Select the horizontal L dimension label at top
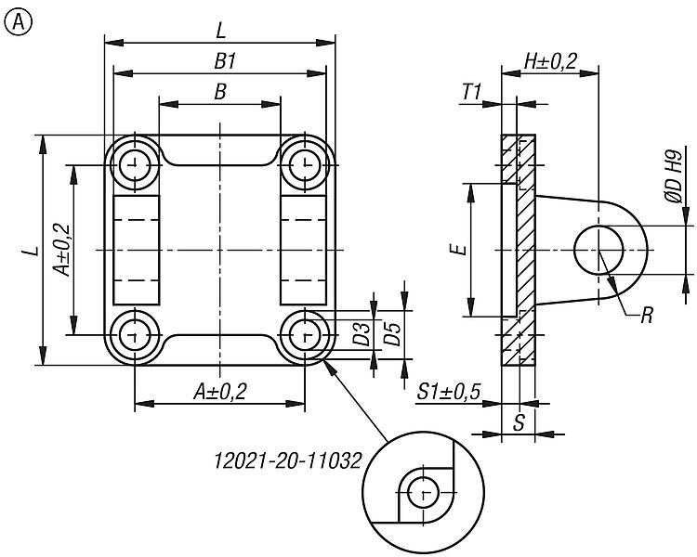coord(220,31)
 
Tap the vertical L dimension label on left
coord(30,250)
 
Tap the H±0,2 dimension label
coord(550,61)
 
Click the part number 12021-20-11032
coord(286,460)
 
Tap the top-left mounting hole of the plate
coord(136,165)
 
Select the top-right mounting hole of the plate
coord(304,165)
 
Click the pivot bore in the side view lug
coord(599,250)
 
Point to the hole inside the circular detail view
coord(424,491)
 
